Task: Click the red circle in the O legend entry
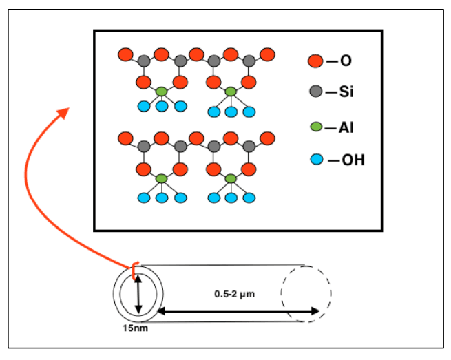tap(315, 61)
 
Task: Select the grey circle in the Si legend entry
tap(315, 92)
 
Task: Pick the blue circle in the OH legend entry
tap(315, 160)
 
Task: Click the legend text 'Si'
tap(346, 92)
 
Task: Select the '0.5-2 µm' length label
tap(235, 294)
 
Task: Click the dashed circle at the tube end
tap(306, 293)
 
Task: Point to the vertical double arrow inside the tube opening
tap(138, 294)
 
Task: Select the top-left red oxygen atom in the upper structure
tap(125, 54)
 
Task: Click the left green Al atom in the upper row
tap(161, 92)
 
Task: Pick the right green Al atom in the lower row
tap(231, 179)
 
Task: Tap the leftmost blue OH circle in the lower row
tap(144, 198)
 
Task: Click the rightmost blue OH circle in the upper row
tap(249, 112)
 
